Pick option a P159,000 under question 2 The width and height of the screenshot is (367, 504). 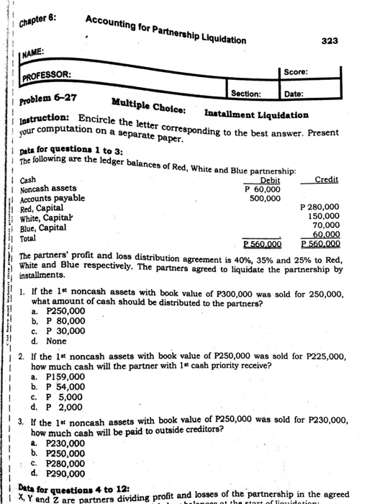[x=68, y=376]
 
